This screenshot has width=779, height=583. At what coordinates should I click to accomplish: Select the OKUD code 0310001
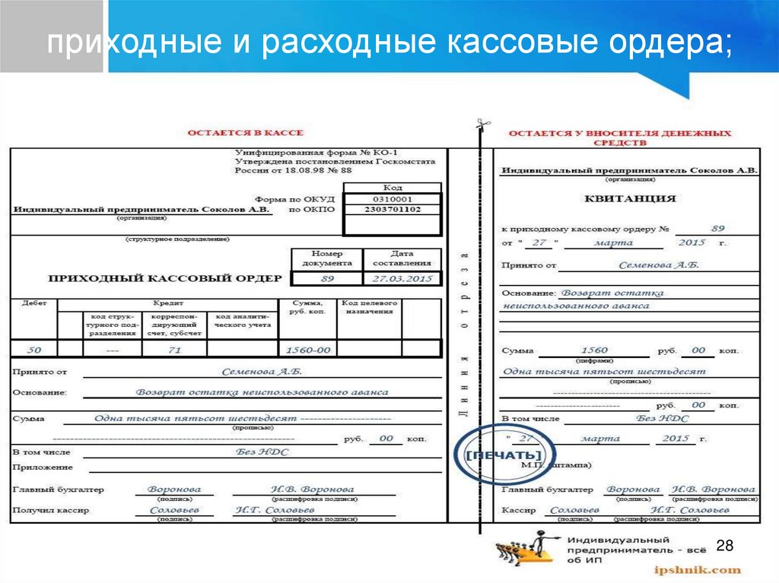pos(392,198)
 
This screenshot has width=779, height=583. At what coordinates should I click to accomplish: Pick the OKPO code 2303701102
pos(392,209)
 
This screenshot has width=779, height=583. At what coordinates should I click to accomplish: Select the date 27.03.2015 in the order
pos(401,279)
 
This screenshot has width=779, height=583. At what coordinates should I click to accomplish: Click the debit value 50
pos(34,350)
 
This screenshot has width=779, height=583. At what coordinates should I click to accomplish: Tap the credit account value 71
pos(174,350)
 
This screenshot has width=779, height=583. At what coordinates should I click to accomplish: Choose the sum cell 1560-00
pos(307,350)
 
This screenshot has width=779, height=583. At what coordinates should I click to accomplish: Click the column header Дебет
pos(34,303)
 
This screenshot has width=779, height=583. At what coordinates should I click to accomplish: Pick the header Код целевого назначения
pos(368,307)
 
